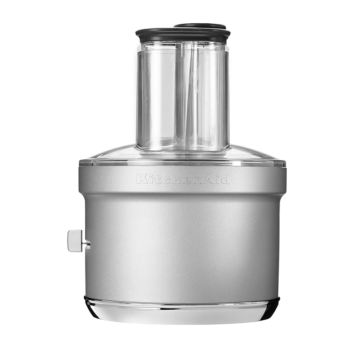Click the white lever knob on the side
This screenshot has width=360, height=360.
75,241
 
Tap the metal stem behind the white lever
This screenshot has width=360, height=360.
86,243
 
